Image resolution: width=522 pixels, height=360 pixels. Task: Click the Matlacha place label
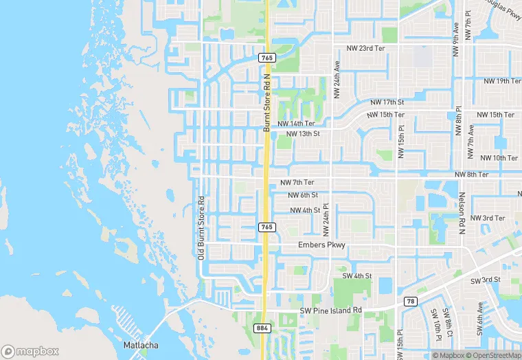click(140, 344)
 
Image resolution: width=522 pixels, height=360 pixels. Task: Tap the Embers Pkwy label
click(322, 245)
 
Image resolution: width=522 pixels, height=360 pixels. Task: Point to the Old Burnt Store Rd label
click(201, 228)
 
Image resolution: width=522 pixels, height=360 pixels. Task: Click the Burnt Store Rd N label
click(267, 103)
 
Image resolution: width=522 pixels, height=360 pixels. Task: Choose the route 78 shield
click(410, 302)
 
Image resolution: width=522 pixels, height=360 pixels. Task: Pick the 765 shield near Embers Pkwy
click(267, 227)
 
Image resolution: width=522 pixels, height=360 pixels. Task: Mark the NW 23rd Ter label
click(365, 48)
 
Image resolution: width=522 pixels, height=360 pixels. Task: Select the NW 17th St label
click(386, 102)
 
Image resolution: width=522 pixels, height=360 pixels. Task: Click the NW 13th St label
click(303, 134)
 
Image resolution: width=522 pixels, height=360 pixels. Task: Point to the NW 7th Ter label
click(297, 183)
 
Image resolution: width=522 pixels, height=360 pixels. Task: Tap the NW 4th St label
click(306, 210)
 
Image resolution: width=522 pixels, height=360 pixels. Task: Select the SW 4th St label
click(357, 276)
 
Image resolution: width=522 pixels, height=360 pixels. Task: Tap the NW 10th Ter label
click(499, 158)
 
